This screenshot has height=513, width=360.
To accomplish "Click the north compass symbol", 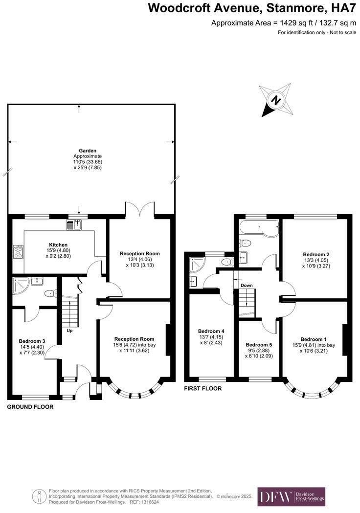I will [276, 101].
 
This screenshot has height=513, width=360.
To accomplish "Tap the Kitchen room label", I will [58, 245].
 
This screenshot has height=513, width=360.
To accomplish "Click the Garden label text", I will [88, 151].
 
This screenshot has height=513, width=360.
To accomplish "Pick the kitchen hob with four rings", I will [18, 252].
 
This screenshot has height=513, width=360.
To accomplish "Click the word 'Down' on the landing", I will [247, 285].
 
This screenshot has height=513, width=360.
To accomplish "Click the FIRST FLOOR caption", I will [202, 388].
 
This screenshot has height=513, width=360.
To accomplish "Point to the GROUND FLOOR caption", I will [30, 406].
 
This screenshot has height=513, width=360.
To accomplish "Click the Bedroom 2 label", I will [315, 254].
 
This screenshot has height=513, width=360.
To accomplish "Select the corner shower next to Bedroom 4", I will [199, 265].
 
